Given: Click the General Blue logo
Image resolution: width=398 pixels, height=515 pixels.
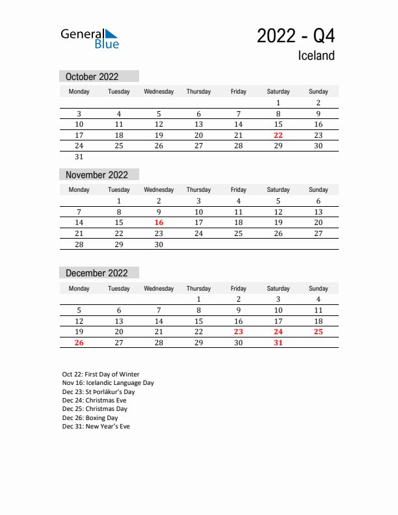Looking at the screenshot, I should (x=90, y=38).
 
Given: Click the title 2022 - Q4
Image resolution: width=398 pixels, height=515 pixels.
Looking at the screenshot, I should (x=296, y=36).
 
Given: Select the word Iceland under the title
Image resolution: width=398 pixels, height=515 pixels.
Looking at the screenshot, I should (x=316, y=56).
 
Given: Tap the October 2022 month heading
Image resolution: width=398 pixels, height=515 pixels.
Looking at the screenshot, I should (x=92, y=77).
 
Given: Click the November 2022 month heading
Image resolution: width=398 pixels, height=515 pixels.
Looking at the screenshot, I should (x=97, y=175).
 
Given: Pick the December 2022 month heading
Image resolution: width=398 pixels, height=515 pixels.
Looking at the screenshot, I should (x=97, y=273).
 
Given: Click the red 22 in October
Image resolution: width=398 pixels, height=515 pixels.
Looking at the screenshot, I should (x=278, y=135).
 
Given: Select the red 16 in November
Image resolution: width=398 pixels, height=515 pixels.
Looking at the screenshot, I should (x=159, y=222).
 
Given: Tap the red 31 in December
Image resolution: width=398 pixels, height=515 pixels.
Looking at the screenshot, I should (x=278, y=343).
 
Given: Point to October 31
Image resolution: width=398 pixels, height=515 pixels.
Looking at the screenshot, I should (x=79, y=157).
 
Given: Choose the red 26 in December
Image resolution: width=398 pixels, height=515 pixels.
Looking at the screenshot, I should (x=79, y=343).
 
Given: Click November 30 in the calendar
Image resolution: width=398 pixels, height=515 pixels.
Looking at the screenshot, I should (x=159, y=244).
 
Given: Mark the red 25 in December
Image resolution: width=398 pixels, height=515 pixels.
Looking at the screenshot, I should (x=318, y=332).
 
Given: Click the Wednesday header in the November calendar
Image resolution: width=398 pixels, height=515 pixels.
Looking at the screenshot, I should (x=159, y=190).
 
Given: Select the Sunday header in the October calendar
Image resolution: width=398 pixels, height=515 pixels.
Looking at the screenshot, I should (x=318, y=92).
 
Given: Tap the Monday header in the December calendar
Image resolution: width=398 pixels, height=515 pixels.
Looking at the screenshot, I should (x=79, y=288).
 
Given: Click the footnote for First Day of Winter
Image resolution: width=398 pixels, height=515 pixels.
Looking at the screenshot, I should (x=101, y=374).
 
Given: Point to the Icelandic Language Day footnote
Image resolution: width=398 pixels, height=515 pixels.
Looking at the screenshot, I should (x=108, y=383).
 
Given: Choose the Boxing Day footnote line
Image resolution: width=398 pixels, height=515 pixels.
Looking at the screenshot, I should (x=90, y=418).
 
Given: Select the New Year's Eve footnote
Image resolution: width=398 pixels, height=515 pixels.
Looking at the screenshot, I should (x=96, y=427).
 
